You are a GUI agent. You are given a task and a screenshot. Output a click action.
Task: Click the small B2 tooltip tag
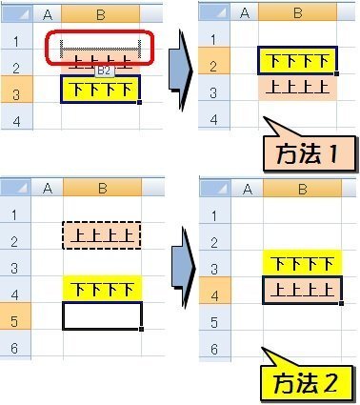[105, 71]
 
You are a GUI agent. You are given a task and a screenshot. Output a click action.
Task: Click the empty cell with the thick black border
[101, 315]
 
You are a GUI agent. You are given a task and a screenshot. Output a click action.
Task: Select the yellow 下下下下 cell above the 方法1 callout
[296, 64]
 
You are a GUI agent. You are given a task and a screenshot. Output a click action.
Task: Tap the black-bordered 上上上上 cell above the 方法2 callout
[296, 290]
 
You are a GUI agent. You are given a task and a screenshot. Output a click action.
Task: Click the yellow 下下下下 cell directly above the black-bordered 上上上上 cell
[296, 264]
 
